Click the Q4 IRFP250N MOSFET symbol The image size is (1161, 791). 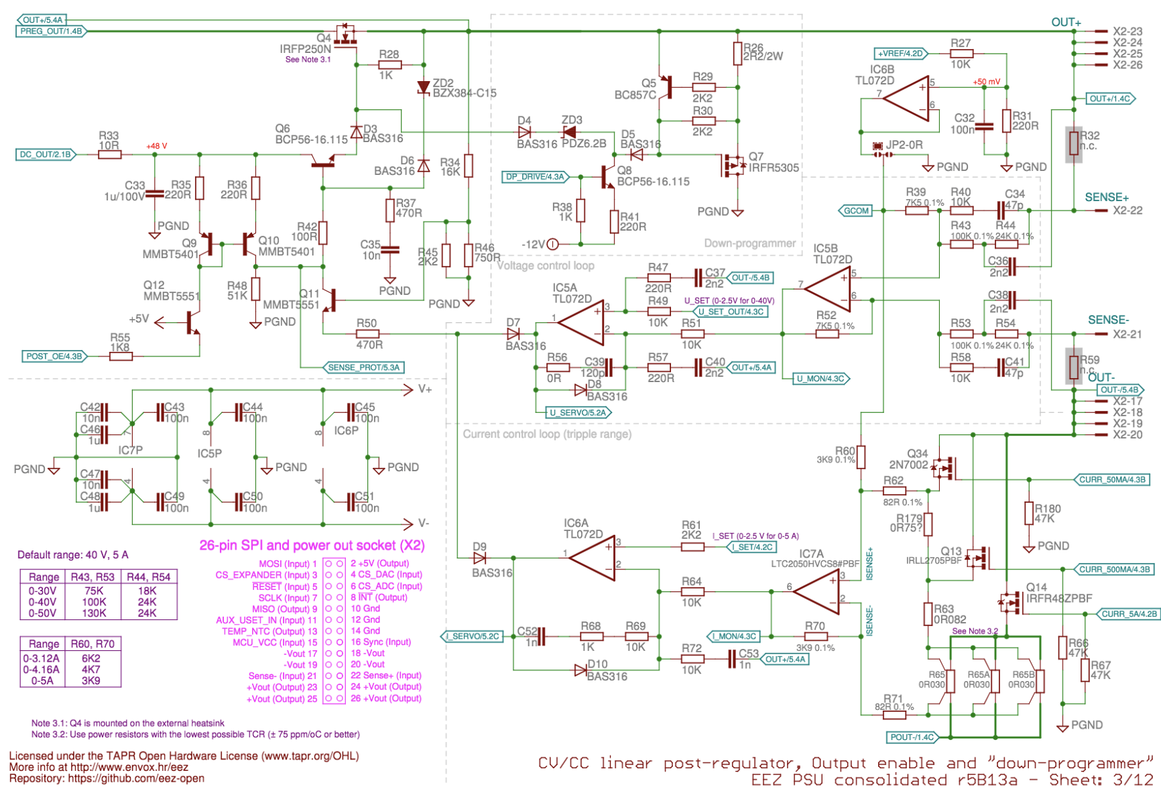[x=346, y=35]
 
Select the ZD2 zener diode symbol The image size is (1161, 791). [x=423, y=88]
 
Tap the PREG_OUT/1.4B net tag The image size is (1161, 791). [x=51, y=32]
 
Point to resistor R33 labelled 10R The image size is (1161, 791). [x=109, y=155]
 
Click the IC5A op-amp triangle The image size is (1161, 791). [x=583, y=322]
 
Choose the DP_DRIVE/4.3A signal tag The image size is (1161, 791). [x=535, y=177]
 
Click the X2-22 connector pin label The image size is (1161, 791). [x=1127, y=210]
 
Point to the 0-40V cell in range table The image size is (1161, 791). [x=43, y=602]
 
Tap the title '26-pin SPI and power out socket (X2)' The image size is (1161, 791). [x=312, y=545]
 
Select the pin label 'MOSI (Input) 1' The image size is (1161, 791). [x=288, y=564]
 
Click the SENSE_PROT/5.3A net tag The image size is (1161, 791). [x=363, y=367]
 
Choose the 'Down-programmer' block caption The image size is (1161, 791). [x=749, y=243]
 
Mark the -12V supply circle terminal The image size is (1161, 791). [x=552, y=245]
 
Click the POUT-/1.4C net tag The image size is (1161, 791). [x=912, y=737]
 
